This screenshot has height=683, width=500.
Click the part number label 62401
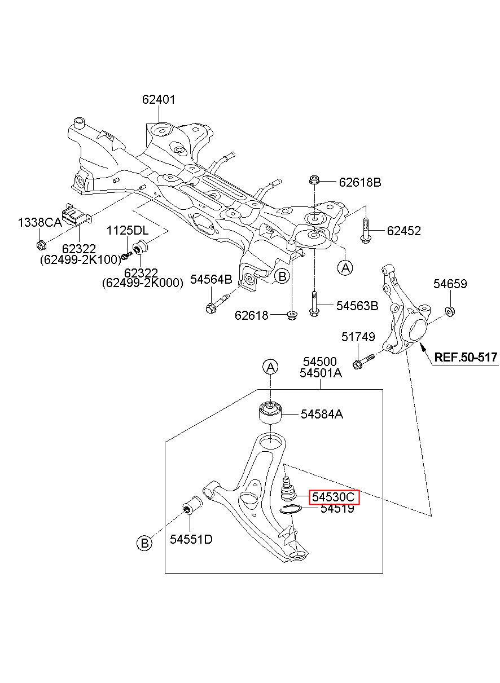159,99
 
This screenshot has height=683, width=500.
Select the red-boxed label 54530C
334,497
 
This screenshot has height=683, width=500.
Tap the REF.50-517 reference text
466,357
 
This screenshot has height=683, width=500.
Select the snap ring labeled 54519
291,509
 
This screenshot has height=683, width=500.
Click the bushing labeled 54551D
191,505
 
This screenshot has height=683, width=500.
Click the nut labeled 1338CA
41,245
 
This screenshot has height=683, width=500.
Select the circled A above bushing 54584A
271,368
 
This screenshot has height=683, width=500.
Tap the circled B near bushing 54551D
144,543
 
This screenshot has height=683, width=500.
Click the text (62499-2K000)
142,283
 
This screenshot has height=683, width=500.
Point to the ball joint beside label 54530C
287,489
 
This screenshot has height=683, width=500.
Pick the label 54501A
321,373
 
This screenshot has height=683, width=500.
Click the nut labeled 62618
292,315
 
